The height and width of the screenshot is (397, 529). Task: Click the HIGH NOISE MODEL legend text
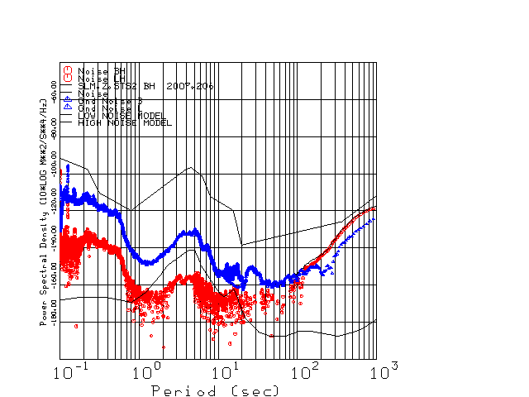click(125, 122)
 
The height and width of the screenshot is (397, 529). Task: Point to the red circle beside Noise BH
click(68, 70)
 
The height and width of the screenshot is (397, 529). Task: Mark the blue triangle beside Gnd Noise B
click(68, 100)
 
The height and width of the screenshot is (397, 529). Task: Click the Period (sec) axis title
click(215, 390)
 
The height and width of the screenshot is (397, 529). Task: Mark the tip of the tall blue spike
click(68, 166)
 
